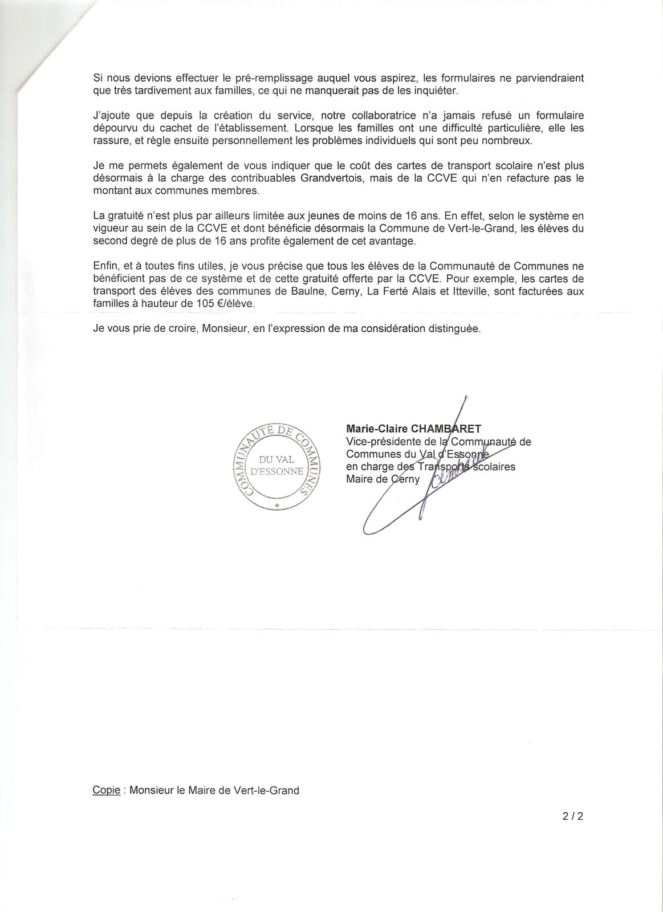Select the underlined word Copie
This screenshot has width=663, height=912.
coord(106,791)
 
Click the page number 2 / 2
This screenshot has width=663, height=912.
coord(572,816)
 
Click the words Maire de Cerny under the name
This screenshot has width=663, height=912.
coord(383,479)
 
